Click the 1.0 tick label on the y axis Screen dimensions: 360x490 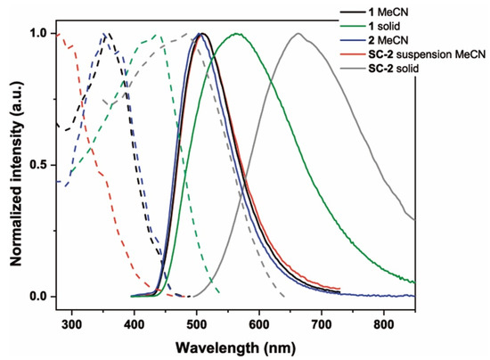(x=38, y=34)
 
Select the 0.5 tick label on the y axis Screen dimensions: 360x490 (x=38, y=165)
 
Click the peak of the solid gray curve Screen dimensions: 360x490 (x=298, y=34)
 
